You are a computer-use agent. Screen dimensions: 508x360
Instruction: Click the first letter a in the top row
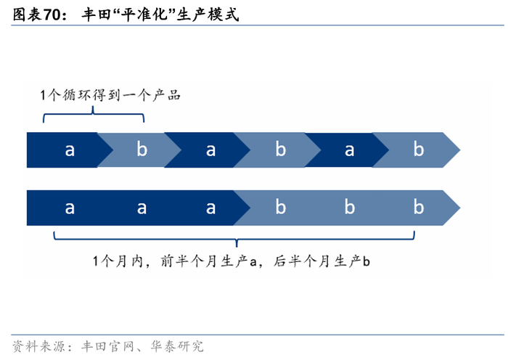coord(70,150)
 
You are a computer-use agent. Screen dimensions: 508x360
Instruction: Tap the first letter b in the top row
coord(142,150)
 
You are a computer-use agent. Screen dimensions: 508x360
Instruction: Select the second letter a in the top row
coord(210,150)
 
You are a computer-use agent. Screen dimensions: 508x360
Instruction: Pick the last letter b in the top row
coord(419,150)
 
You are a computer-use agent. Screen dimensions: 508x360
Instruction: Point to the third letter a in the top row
coord(350,150)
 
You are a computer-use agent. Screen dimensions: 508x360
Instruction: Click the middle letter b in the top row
coord(280,150)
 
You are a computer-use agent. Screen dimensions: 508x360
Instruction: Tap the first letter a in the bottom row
coord(70,208)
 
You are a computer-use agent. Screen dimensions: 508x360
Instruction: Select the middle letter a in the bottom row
coord(142,208)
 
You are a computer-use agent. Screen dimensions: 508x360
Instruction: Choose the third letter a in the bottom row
coord(210,208)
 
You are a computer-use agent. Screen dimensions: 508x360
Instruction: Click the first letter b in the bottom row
coord(280,208)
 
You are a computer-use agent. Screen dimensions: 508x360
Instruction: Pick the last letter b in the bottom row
coord(419,208)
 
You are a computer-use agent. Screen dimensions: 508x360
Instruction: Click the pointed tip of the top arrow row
coord(459,150)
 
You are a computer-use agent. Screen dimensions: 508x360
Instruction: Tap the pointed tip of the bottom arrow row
coord(459,208)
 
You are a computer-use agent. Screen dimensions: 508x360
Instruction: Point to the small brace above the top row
coord(94,115)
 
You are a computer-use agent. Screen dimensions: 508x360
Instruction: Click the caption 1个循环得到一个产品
coord(110,95)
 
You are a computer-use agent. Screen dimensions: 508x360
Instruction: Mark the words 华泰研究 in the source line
coord(177,345)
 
